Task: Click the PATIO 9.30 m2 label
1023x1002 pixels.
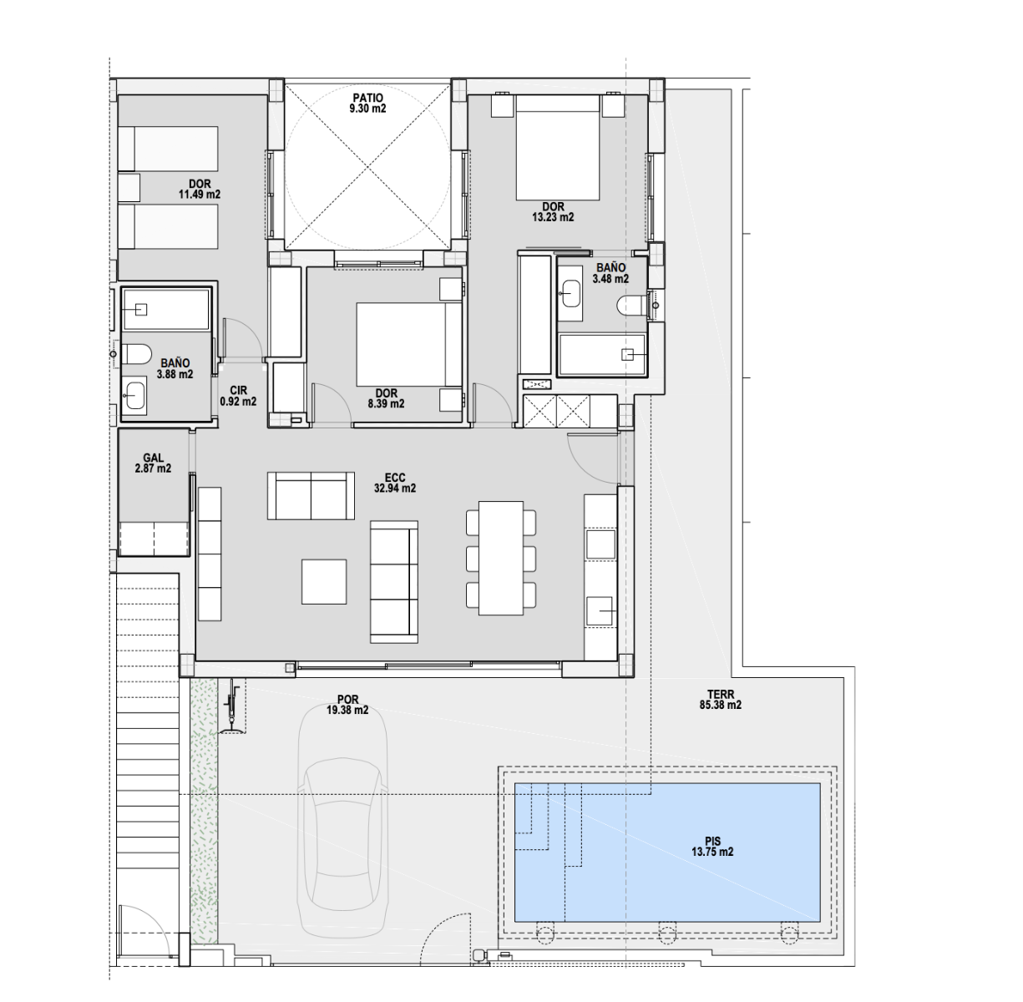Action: pos(367,103)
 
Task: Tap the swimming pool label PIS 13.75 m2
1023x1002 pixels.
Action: pos(712,847)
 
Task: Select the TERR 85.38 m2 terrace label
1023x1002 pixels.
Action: pos(721,700)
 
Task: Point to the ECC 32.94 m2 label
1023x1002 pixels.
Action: pos(395,483)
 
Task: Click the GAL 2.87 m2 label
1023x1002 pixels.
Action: pos(153,463)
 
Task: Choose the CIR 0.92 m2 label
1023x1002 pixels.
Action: pos(238,396)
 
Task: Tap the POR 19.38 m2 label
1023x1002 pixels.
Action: pos(347,705)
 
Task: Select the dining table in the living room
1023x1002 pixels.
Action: pos(500,558)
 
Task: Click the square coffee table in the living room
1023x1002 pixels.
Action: pos(324,581)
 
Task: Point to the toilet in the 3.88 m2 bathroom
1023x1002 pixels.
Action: pos(136,354)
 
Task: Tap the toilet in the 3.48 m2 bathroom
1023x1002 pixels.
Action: pos(633,306)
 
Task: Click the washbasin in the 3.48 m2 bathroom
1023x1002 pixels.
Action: pos(570,293)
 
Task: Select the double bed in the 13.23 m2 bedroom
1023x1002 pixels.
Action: pos(558,148)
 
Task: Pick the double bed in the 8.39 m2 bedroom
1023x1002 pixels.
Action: pos(408,344)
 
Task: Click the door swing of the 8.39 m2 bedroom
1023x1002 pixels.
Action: pos(332,403)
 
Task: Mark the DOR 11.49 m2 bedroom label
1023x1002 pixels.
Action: pos(199,189)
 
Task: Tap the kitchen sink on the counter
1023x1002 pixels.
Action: pos(600,610)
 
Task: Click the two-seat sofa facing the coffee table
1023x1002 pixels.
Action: pos(311,495)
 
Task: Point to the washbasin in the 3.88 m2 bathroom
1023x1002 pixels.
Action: pos(134,396)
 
